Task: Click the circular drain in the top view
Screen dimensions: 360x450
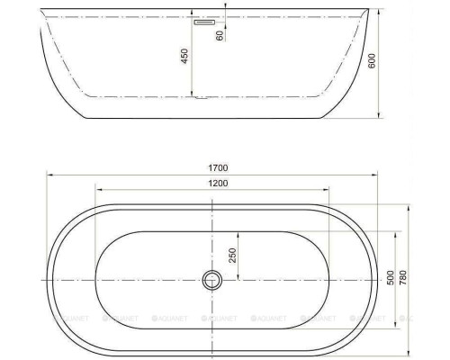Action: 212,280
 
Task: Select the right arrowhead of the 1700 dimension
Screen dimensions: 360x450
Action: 381,175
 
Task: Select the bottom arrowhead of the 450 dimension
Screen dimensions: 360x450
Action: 194,95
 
